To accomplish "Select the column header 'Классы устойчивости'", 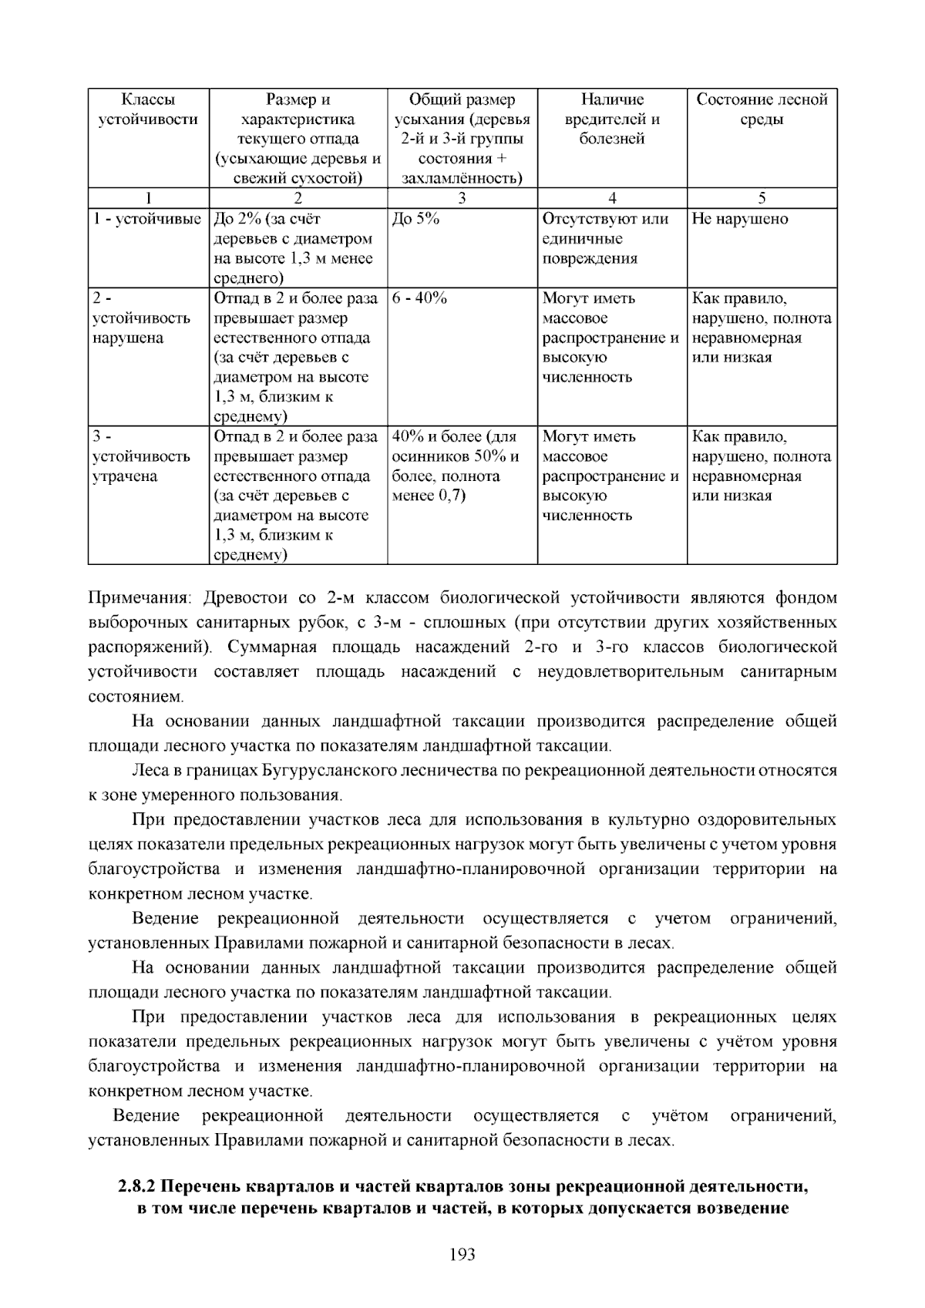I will click(x=148, y=109).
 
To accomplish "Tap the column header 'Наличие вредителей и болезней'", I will click(x=612, y=119).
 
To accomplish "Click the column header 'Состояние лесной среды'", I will click(x=762, y=109).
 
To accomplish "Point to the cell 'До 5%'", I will click(x=415, y=219).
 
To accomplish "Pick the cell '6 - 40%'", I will click(x=419, y=298).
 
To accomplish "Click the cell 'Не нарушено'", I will click(x=740, y=219).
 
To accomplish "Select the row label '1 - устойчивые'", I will click(x=147, y=219).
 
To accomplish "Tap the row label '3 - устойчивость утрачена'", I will click(x=141, y=456).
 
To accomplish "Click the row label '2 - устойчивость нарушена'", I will click(x=141, y=318).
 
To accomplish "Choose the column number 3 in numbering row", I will click(x=462, y=198).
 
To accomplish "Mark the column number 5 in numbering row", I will click(x=762, y=198).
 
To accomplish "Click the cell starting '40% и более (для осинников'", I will click(x=455, y=466).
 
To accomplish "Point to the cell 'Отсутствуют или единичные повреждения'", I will click(x=605, y=239).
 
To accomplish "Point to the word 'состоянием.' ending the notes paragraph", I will click(x=136, y=697).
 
